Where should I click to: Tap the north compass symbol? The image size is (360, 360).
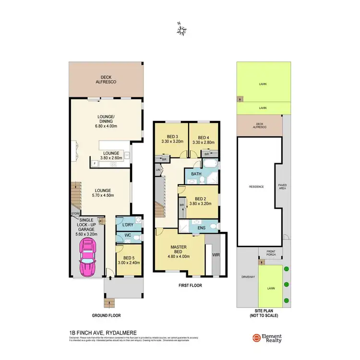tap(181, 31)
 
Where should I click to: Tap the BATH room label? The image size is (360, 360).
tap(196, 174)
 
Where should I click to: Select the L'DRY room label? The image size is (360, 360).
tap(127, 225)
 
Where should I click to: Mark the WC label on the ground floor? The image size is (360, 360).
tap(128, 235)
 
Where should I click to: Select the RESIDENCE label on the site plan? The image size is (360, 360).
tap(256, 187)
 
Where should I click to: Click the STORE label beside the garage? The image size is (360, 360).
tap(75, 213)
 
